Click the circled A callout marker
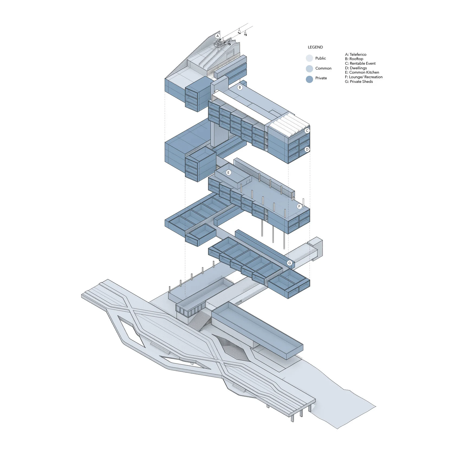click(217, 36)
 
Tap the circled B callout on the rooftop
click(240, 87)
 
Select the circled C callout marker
click(307, 131)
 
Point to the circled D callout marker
click(307, 149)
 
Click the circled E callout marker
click(229, 173)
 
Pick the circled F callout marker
click(299, 207)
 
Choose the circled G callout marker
click(290, 263)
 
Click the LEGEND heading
click(315, 47)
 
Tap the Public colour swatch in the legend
click(309, 58)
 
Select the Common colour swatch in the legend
click(309, 68)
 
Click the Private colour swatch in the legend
click(309, 79)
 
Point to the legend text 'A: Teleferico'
click(356, 54)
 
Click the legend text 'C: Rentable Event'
click(360, 63)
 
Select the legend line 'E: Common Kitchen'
click(362, 72)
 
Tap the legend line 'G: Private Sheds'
click(359, 81)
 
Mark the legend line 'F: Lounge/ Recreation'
click(364, 77)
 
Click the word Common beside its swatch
click(323, 68)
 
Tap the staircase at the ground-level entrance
click(200, 320)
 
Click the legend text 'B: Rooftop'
click(354, 59)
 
